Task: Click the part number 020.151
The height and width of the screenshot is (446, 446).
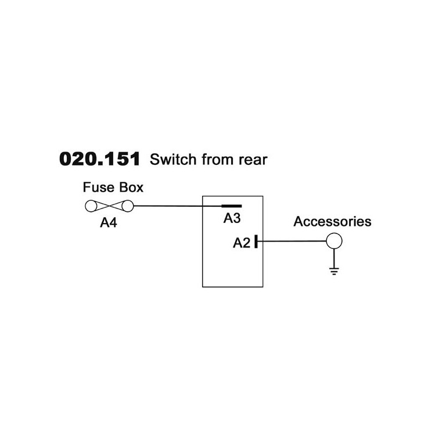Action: pos(100,160)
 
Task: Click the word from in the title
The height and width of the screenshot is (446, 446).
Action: pos(214,160)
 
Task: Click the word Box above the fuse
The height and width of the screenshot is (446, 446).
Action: pos(129,188)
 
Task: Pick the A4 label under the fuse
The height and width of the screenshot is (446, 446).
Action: pos(108,222)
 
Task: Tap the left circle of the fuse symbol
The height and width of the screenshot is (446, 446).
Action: pos(92,206)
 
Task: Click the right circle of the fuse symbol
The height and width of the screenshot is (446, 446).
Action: pos(127,206)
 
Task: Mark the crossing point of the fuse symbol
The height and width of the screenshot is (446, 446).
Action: pos(109,206)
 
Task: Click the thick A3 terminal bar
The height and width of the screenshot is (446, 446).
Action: pos(231,206)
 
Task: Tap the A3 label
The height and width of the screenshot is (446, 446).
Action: pos(232,218)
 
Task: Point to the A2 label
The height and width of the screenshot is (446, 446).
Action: pos(242,243)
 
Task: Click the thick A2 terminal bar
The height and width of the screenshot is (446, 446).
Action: pos(256,241)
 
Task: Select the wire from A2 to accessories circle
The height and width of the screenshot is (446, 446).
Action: pos(290,241)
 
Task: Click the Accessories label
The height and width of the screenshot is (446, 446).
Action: pos(332,222)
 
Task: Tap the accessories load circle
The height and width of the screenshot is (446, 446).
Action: pos(333,240)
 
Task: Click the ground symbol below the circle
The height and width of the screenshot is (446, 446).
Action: pos(333,270)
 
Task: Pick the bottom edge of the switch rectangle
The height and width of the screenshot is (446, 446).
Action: pos(233,287)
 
